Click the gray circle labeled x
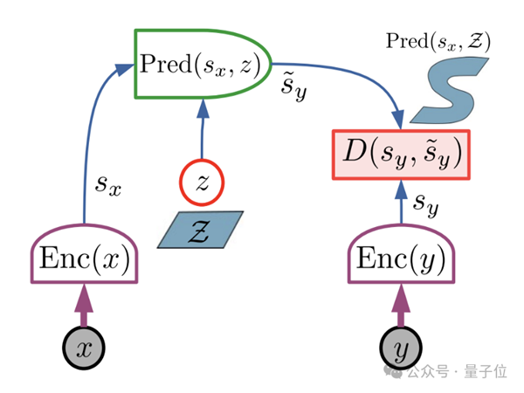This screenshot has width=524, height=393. [85, 350]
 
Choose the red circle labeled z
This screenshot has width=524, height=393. [203, 183]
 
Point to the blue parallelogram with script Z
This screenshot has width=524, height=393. [201, 230]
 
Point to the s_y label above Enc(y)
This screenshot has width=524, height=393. [425, 205]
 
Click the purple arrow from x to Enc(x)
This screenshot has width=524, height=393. [85, 307]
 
